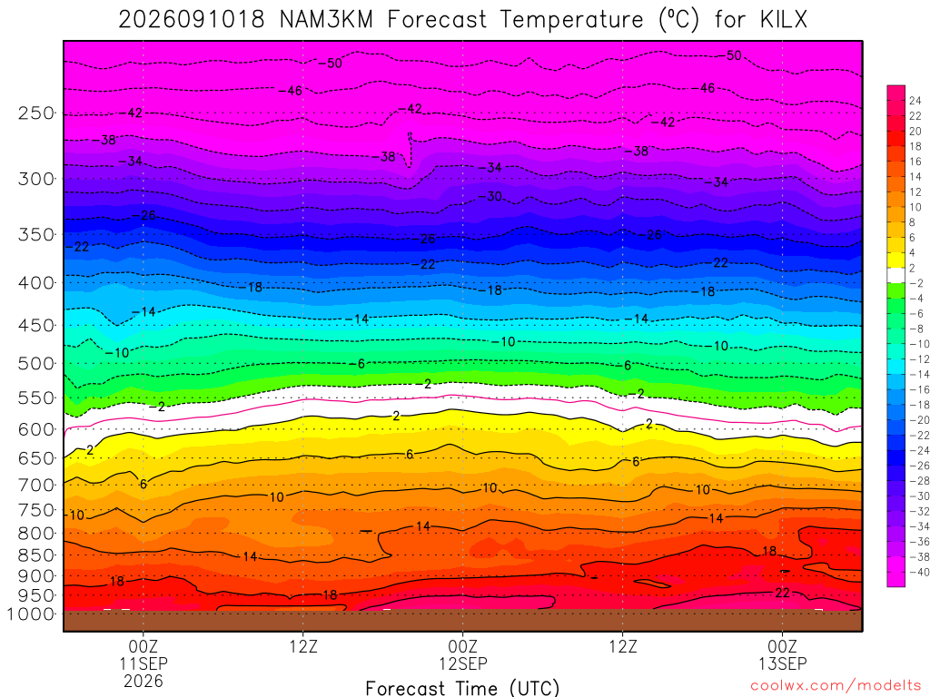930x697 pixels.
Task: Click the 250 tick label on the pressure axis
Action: pyautogui.click(x=36, y=113)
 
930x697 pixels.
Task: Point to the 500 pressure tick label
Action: pyautogui.click(x=36, y=363)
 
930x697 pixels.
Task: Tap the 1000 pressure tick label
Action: pyautogui.click(x=32, y=614)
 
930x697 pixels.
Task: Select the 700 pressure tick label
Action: pyautogui.click(x=36, y=485)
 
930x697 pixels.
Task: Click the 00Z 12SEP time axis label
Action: pyautogui.click(x=462, y=654)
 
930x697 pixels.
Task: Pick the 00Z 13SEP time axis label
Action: pyautogui.click(x=782, y=654)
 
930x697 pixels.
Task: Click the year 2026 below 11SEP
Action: pyautogui.click(x=143, y=681)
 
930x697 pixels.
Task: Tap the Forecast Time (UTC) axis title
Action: pyautogui.click(x=462, y=688)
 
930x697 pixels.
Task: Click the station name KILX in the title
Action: pyautogui.click(x=784, y=20)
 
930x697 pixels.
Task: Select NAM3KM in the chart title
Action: pyautogui.click(x=326, y=20)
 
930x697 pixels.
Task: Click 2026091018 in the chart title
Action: pyautogui.click(x=191, y=20)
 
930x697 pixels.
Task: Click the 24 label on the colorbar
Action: pyautogui.click(x=915, y=101)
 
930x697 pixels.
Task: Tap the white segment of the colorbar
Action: pyautogui.click(x=896, y=275)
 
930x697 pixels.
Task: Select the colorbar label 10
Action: pyautogui.click(x=915, y=208)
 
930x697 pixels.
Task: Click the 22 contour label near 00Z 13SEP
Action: pyautogui.click(x=782, y=593)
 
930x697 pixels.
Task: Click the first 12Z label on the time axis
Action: pyautogui.click(x=303, y=646)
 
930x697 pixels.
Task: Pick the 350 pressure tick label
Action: pyautogui.click(x=36, y=235)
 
